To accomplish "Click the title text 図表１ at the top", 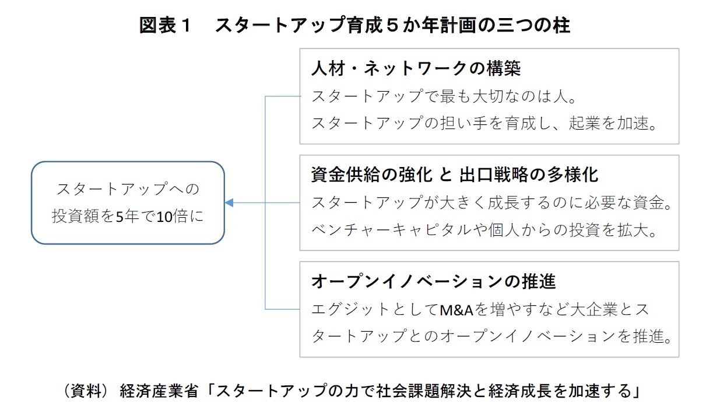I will coord(166,26).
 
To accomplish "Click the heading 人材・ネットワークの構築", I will coord(416,68).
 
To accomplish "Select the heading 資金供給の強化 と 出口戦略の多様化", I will coord(455,175).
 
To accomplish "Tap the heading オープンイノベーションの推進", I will coord(434,281).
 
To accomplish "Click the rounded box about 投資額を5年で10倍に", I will coord(128,203).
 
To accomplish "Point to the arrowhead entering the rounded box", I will coord(229,203).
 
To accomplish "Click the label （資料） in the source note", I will coord(86,391).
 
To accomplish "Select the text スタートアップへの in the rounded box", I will coord(128,189).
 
